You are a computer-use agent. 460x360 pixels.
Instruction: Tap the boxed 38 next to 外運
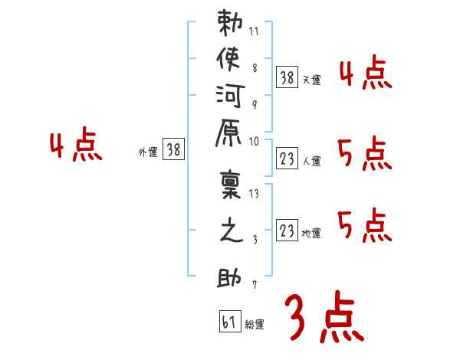(x=173, y=151)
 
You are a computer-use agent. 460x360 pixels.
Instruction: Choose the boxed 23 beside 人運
(x=286, y=160)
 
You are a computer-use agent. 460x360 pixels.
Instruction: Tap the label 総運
(x=255, y=325)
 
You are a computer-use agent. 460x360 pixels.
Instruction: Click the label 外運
(x=148, y=152)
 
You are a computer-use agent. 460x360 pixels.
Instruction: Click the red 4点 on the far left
(x=75, y=146)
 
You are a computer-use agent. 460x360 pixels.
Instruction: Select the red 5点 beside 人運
(x=365, y=155)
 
